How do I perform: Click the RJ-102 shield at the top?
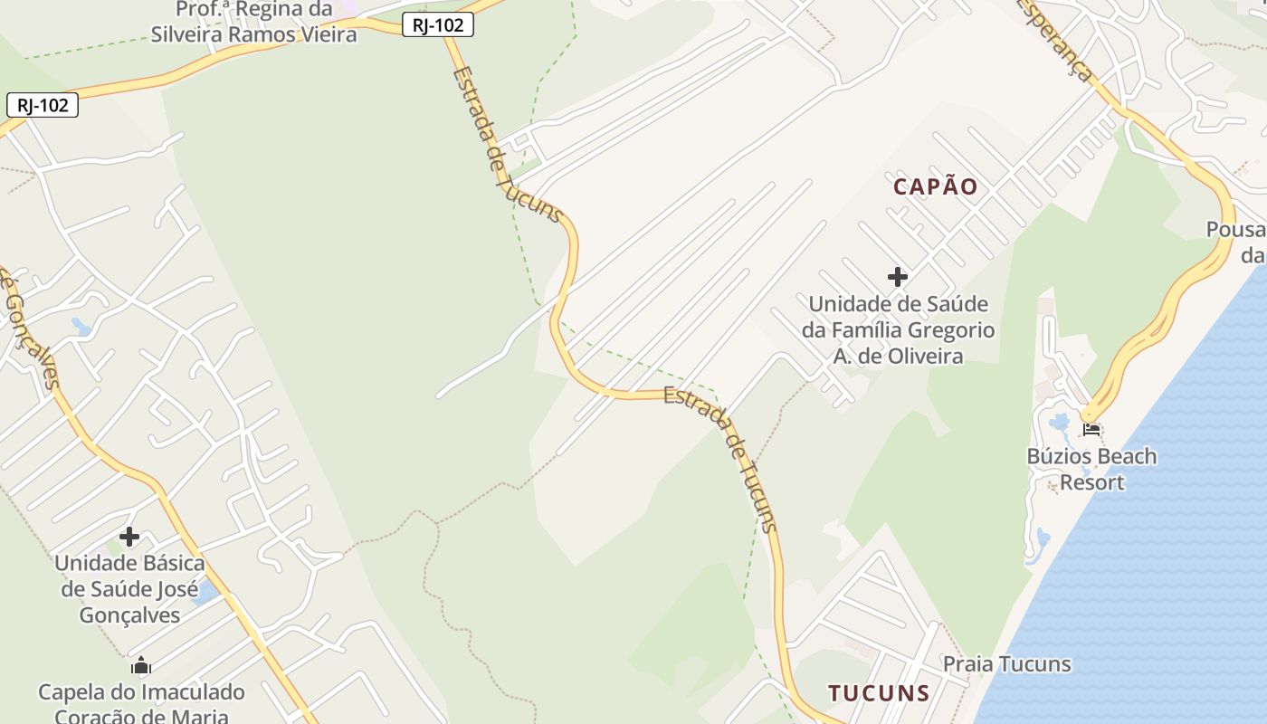(x=438, y=25)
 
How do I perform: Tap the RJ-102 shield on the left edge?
(x=43, y=105)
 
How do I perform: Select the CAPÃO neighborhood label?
(x=936, y=186)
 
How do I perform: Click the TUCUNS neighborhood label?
(x=879, y=693)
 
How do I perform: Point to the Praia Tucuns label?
(x=1006, y=664)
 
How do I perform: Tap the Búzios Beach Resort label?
(x=1091, y=469)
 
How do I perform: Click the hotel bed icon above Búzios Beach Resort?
(x=1091, y=428)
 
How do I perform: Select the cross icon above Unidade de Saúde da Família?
(x=898, y=276)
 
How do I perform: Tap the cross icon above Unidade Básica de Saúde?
(x=129, y=537)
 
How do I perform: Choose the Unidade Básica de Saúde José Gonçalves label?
(x=129, y=589)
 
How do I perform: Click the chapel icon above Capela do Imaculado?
(x=140, y=667)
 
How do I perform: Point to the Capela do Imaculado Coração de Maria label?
(x=141, y=704)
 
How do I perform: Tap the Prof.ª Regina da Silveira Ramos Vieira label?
(x=253, y=22)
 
